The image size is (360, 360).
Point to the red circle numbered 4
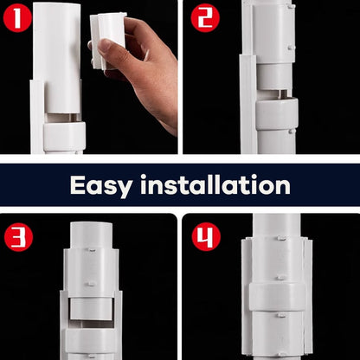click(205, 235)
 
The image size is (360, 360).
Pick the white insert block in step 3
click(92, 308)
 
